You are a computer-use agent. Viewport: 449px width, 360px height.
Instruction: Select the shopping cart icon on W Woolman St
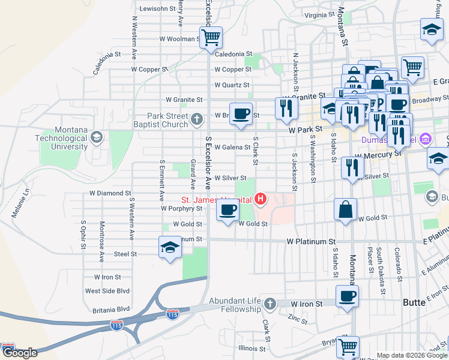point(211,37)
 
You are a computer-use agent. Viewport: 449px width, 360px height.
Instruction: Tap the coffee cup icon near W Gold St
point(227,211)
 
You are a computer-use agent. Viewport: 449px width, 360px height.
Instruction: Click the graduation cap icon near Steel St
point(170,247)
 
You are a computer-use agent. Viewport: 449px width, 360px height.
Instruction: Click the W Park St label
point(305,129)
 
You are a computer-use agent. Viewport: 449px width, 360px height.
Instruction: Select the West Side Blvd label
point(107,291)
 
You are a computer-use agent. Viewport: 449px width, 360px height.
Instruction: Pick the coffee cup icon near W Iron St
point(348,296)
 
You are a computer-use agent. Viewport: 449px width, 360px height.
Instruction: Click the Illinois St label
point(252,348)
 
